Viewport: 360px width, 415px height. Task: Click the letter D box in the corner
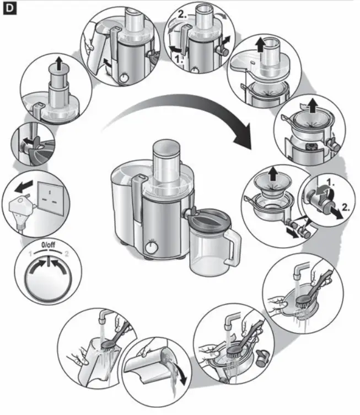tap(9, 9)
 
